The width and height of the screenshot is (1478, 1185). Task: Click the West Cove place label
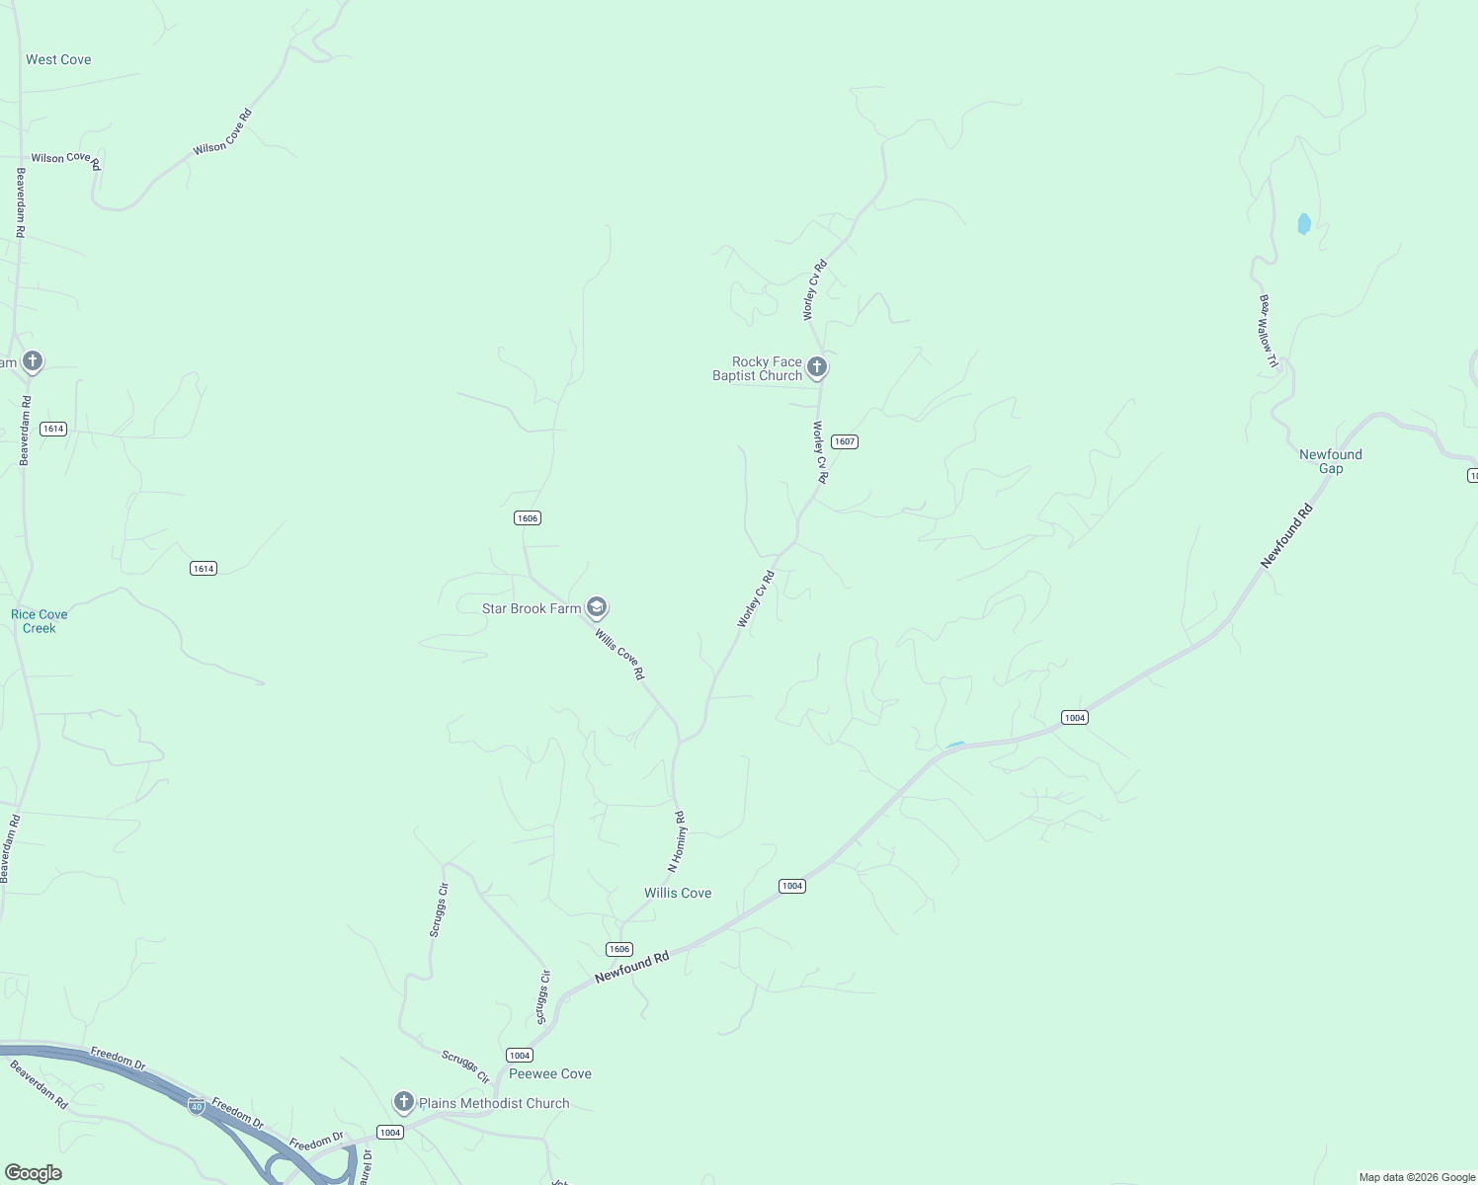pos(58,60)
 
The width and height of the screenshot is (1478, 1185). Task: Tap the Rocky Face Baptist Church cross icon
pos(817,368)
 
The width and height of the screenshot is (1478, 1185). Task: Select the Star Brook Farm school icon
pos(596,607)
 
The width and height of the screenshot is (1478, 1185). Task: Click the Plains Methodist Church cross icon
pos(403,1102)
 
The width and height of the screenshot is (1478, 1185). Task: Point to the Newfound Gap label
pos(1330,461)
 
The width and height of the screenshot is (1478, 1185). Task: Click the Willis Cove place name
pos(678,893)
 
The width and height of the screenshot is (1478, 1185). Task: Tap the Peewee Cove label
pos(550,1073)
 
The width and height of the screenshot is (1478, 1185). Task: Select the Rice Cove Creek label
pos(40,621)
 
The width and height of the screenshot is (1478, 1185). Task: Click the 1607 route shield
pos(844,441)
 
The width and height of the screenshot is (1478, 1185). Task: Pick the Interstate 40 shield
pos(197,1106)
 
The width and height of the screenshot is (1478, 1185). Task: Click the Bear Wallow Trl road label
pos(1269,332)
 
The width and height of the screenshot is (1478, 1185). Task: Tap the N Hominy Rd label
pos(677,841)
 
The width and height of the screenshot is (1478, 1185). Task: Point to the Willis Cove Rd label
pos(619,654)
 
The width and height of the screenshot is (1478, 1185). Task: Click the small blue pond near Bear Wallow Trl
pos(1304,224)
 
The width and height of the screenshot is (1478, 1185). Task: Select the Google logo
pos(34,1173)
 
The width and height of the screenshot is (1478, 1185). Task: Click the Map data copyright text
pos(1416,1177)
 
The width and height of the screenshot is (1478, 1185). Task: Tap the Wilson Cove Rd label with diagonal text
pos(223,131)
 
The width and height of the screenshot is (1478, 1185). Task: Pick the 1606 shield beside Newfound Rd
pos(619,949)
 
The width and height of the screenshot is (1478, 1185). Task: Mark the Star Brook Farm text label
pos(532,608)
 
